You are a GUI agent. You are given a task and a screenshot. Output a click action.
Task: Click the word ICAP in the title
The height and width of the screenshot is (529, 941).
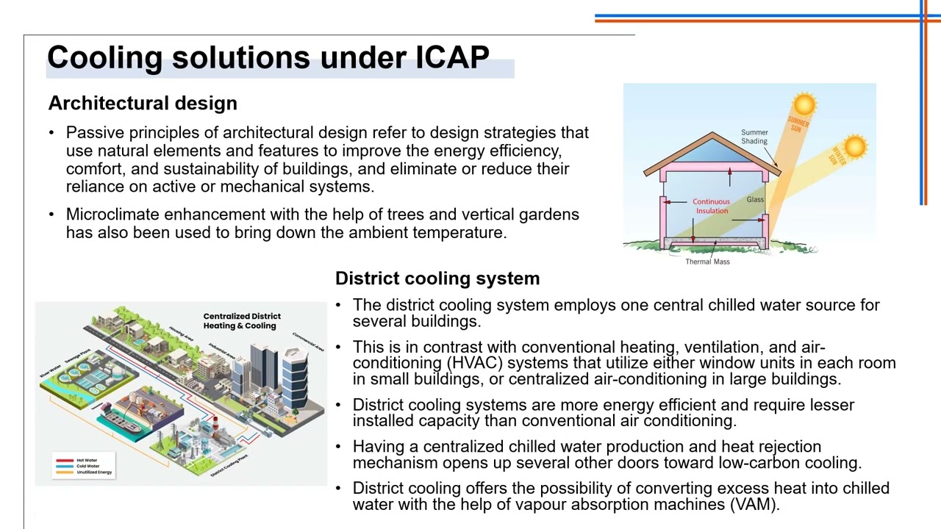point(452,57)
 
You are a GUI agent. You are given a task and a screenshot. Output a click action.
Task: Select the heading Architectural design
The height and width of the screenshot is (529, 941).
point(143,103)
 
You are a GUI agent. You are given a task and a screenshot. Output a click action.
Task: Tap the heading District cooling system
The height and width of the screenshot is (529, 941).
point(437,278)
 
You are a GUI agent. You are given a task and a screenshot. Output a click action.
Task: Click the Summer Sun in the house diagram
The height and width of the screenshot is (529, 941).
point(804,104)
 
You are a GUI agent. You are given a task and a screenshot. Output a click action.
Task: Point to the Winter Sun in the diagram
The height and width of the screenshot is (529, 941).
point(854,147)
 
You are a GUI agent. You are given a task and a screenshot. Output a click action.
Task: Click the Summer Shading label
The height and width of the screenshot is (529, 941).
point(754,137)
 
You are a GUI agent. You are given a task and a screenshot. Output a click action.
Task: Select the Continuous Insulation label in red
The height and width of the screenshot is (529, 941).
point(711,206)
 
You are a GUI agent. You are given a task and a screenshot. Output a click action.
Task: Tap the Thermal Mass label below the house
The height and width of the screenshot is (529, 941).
point(707,262)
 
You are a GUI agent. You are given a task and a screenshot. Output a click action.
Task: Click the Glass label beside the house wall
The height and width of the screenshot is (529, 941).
point(755,199)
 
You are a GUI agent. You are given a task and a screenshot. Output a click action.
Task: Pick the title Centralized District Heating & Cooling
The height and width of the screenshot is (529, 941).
point(241,321)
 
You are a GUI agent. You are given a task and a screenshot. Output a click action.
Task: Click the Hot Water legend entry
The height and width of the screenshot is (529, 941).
point(87,460)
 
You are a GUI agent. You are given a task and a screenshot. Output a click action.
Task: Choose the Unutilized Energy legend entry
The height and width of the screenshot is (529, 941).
point(93,472)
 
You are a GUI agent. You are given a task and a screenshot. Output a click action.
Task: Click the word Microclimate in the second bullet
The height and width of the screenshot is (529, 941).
point(112,215)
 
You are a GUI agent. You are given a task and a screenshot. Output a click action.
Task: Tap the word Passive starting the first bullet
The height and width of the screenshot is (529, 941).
point(95,133)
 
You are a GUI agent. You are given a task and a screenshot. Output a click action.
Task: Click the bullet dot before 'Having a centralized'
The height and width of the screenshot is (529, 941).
point(338,447)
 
